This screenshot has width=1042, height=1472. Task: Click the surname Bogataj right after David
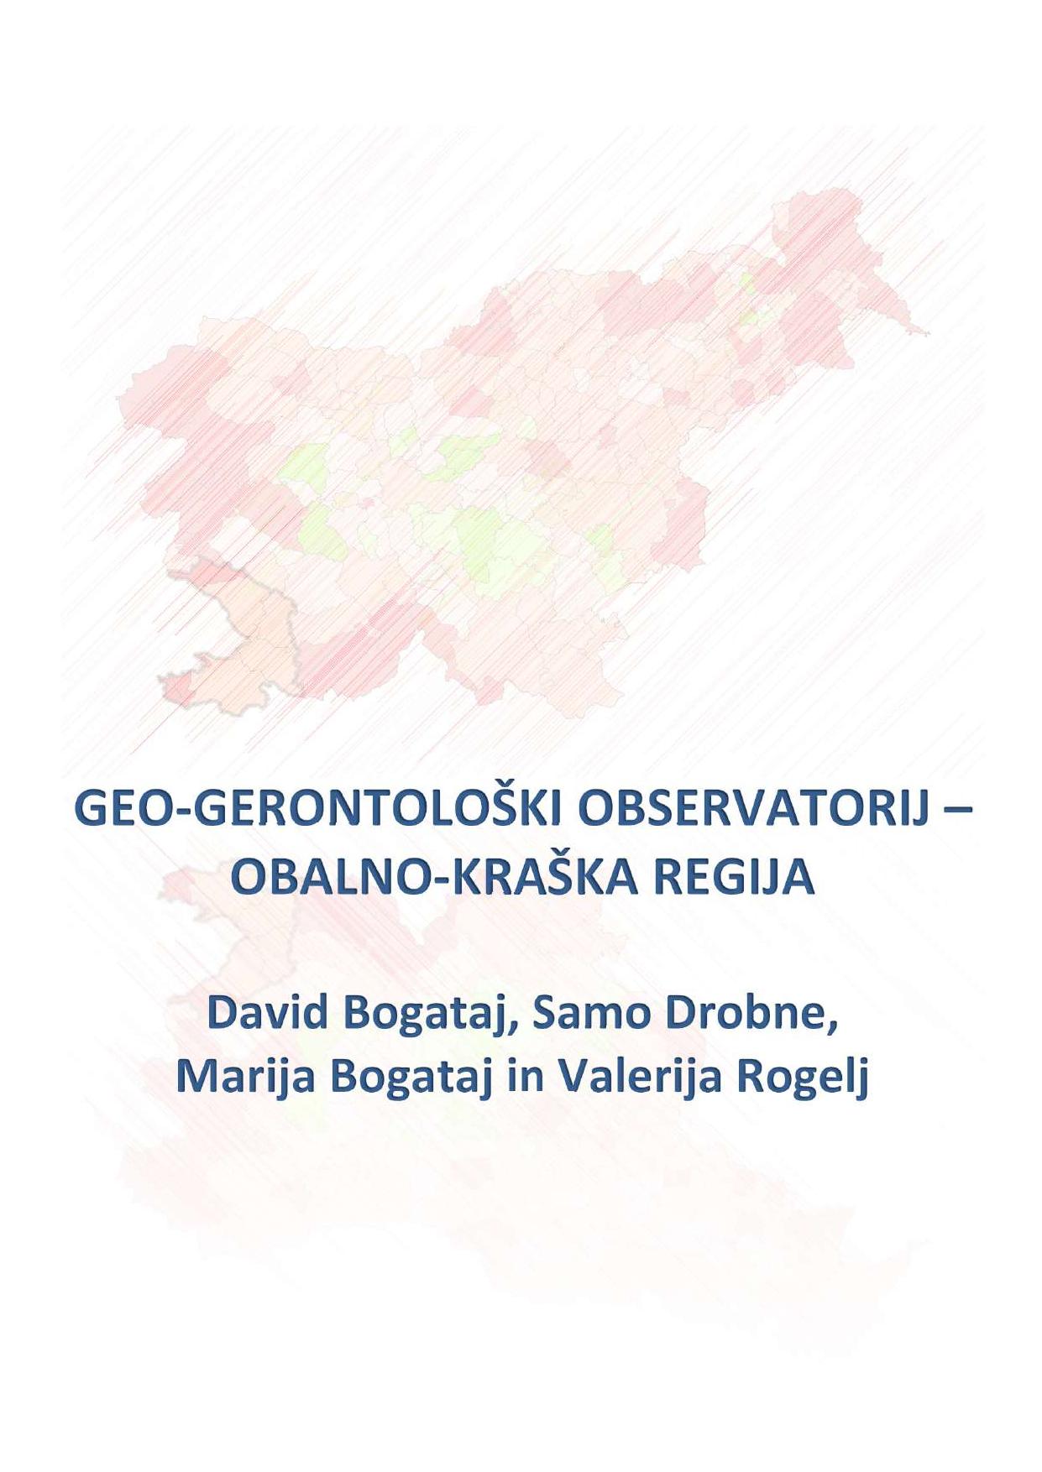click(429, 1016)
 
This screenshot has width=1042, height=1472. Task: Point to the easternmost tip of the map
click(929, 333)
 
